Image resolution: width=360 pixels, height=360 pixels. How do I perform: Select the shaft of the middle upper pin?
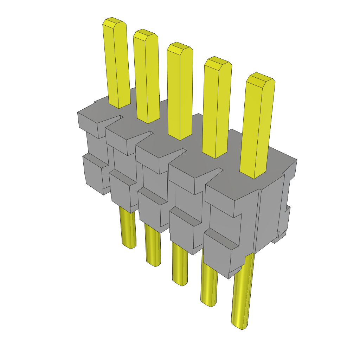click(x=180, y=91)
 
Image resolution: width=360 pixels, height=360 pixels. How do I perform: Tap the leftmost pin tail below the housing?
click(x=128, y=229)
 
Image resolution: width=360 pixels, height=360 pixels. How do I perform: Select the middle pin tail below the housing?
click(x=180, y=264)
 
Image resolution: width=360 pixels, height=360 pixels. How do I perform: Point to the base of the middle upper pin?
click(x=180, y=135)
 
